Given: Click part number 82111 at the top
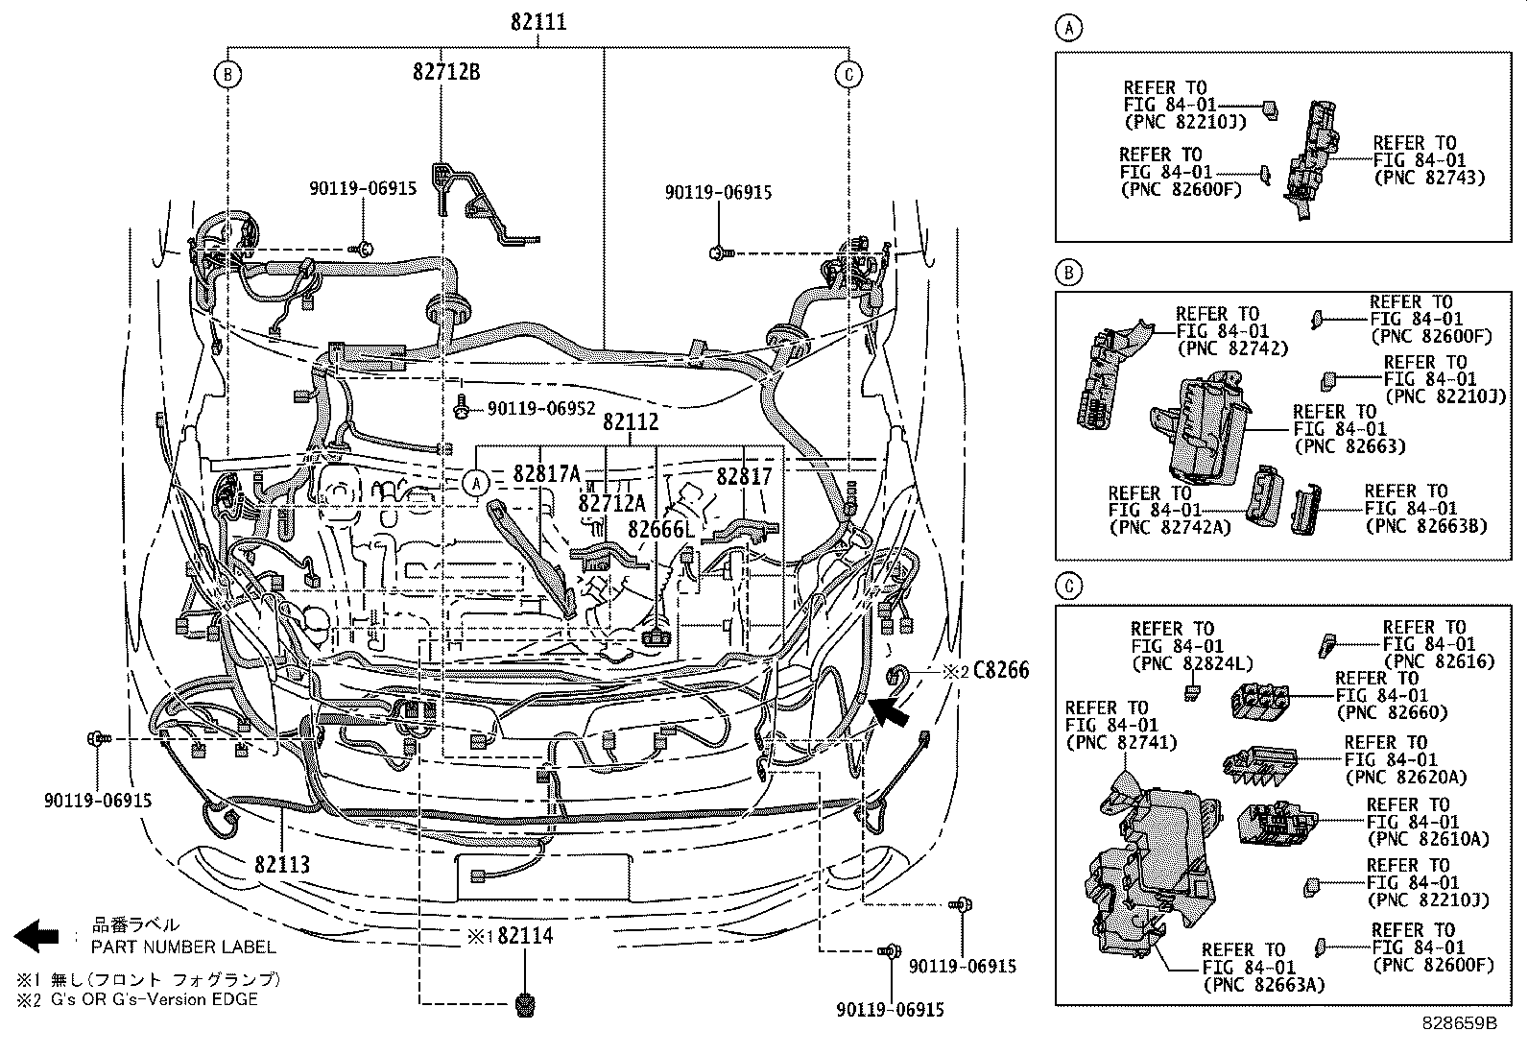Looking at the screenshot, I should click(x=538, y=21).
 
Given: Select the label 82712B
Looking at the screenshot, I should click(x=446, y=70).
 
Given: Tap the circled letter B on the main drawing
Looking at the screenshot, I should click(x=227, y=74).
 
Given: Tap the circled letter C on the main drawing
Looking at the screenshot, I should click(x=848, y=74).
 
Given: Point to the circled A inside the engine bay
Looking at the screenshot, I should click(x=476, y=483).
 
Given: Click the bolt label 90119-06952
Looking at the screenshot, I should click(x=541, y=409).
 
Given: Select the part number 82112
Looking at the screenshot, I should click(x=631, y=421).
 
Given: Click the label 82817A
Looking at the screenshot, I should click(x=547, y=473).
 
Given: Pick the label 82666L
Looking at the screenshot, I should click(x=660, y=529).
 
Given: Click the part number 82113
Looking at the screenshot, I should click(x=282, y=864).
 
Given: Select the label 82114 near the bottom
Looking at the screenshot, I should click(x=525, y=935).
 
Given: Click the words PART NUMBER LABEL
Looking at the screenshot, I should click(x=183, y=947).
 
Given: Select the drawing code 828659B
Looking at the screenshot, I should click(x=1459, y=1023).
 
